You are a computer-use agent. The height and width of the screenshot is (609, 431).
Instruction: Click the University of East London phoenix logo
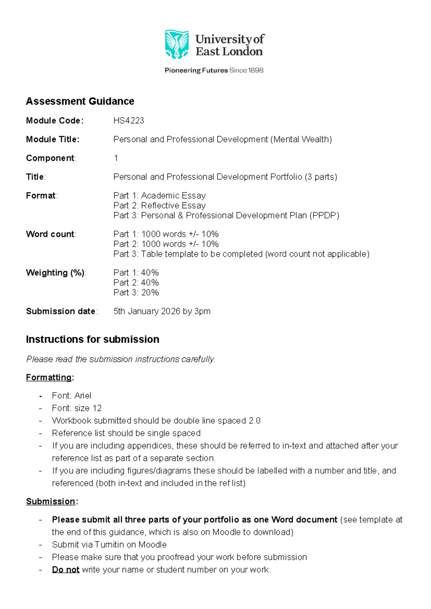pyautogui.click(x=177, y=44)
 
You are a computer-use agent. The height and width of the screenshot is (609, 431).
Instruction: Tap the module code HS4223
pyautogui.click(x=129, y=121)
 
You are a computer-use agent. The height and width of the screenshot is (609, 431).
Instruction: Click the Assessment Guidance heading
pyautogui.click(x=80, y=101)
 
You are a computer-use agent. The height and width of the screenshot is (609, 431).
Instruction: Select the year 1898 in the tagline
pyautogui.click(x=256, y=70)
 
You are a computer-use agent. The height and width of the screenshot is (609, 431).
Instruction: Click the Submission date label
pyautogui.click(x=61, y=311)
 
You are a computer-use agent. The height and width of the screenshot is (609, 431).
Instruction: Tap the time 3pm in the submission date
pyautogui.click(x=202, y=311)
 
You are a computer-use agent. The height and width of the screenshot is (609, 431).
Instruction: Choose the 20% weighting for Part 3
pyautogui.click(x=150, y=293)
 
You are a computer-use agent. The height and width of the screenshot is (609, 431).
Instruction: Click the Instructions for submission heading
pyautogui.click(x=92, y=339)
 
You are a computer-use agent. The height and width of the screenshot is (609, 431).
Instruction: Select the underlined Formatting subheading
pyautogui.click(x=49, y=377)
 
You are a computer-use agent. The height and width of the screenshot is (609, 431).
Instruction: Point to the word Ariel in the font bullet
pyautogui.click(x=83, y=396)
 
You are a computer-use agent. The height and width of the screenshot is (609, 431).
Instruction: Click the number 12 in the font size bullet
pyautogui.click(x=97, y=408)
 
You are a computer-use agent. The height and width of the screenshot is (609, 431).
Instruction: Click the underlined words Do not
pyautogui.click(x=66, y=570)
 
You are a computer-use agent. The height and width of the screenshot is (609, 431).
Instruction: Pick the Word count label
pyautogui.click(x=50, y=234)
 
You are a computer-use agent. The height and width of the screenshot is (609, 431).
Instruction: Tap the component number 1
pyautogui.click(x=116, y=158)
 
